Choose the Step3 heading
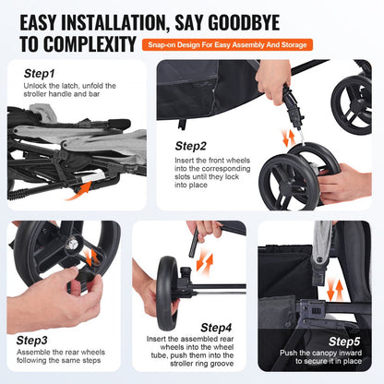(x=38, y=340)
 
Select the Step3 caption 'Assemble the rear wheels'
(x=58, y=355)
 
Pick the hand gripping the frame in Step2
(x=273, y=78)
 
